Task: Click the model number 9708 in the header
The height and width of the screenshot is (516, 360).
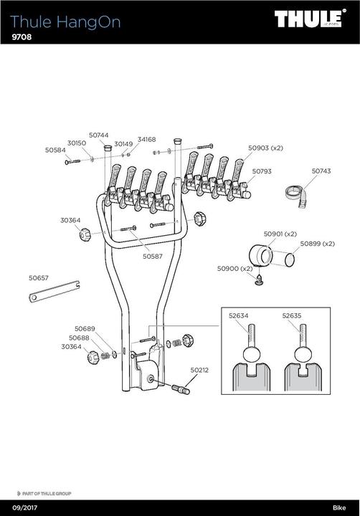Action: pos(23,37)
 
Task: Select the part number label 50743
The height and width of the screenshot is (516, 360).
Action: pos(321,171)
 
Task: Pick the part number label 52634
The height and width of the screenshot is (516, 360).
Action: pos(238,314)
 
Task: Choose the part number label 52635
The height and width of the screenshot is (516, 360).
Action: pos(292,314)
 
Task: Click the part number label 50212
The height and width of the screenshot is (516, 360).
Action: pos(199,371)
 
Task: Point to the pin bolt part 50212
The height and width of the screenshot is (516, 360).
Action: pos(180,390)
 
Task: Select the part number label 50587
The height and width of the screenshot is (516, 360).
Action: pos(152,256)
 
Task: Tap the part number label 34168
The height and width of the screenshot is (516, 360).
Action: pos(146,139)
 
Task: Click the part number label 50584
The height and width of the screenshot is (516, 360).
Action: pos(55,150)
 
